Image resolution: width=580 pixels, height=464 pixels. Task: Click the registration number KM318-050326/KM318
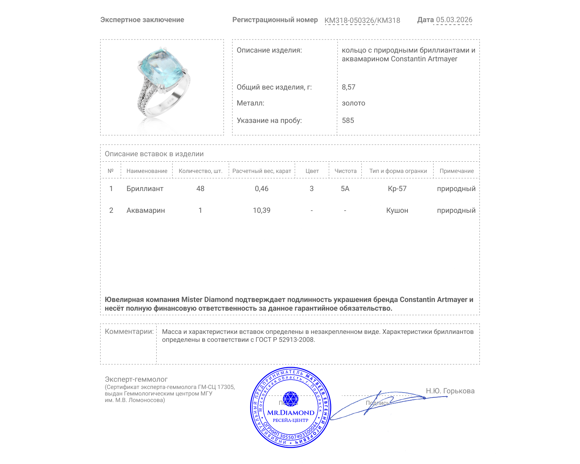(x=362, y=20)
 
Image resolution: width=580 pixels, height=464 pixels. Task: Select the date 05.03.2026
(x=454, y=20)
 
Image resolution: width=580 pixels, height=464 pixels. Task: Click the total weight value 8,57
(x=348, y=87)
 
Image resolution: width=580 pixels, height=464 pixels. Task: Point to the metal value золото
(x=353, y=103)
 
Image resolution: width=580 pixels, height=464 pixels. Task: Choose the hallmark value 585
(x=348, y=120)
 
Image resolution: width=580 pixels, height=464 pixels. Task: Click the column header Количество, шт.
(x=200, y=171)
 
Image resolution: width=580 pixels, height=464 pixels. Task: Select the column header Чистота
(x=345, y=171)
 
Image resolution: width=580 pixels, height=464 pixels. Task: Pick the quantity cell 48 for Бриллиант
(x=200, y=188)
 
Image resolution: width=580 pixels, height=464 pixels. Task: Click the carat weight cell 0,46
(x=261, y=188)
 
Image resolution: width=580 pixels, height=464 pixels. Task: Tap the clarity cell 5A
(x=345, y=188)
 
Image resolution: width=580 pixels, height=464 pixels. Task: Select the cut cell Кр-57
(x=397, y=188)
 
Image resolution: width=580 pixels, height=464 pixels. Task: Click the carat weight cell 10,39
(x=261, y=210)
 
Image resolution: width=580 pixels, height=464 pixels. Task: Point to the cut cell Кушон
(x=397, y=210)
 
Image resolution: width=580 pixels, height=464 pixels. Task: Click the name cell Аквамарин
(x=145, y=210)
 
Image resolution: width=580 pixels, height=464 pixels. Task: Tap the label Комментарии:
(x=129, y=331)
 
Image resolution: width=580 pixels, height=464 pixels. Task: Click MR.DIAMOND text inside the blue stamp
(x=291, y=413)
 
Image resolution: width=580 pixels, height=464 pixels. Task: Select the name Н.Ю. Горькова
(x=450, y=391)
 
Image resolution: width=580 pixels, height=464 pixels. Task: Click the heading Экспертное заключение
(x=142, y=20)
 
